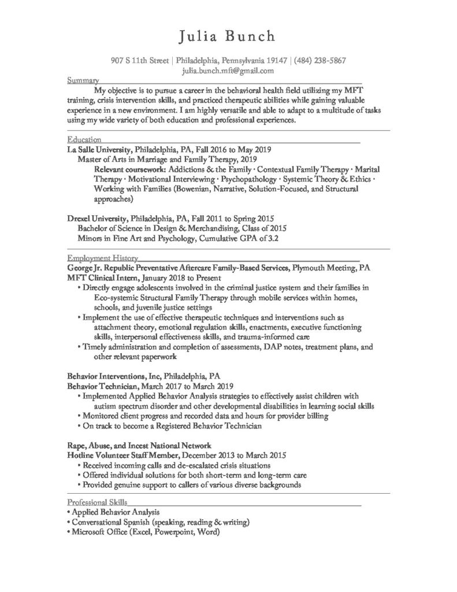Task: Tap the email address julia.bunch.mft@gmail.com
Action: click(228, 71)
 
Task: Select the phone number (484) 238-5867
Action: click(320, 60)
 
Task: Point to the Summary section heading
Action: click(82, 80)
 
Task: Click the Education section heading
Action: click(84, 139)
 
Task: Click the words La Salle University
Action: click(99, 149)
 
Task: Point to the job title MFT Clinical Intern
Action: click(103, 277)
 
